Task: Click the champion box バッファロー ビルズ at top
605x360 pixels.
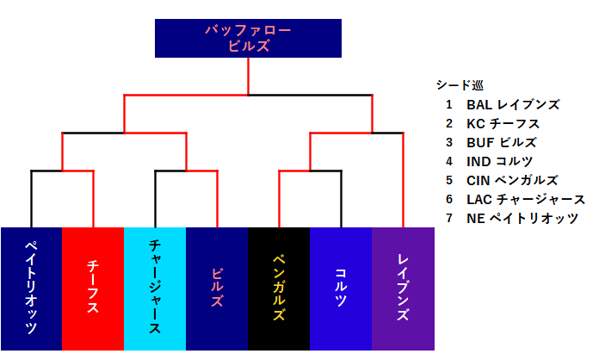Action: [248, 38]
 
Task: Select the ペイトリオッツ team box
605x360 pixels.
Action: [31, 289]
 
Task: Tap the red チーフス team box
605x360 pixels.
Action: [93, 289]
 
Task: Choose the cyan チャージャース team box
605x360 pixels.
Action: [155, 289]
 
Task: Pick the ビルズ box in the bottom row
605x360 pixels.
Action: [217, 289]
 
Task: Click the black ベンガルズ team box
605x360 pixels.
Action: [279, 289]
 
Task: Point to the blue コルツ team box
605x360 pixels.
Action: [341, 289]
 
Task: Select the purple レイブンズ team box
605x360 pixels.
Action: [403, 289]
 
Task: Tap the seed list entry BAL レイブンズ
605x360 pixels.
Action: [513, 105]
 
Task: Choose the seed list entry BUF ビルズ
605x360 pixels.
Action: [502, 143]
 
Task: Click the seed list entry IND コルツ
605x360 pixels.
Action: [500, 162]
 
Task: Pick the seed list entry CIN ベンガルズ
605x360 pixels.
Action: [512, 181]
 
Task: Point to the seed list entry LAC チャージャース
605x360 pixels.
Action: [525, 200]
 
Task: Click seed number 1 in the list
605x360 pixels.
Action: [449, 105]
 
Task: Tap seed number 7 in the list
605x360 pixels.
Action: [449, 219]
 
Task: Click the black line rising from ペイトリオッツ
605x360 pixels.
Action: [32, 198]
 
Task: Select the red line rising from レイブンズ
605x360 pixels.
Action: [403, 181]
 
